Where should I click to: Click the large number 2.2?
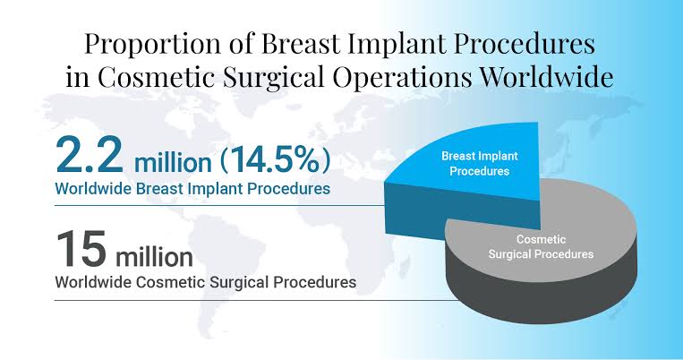90,156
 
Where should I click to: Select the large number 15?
81,248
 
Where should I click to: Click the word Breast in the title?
301,43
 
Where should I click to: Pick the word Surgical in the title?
273,78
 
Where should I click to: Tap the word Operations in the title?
402,79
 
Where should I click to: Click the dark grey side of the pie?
540,301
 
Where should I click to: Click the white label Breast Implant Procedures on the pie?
480,164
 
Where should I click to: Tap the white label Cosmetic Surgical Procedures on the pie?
541,246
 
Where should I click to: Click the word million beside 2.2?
173,163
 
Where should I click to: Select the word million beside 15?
154,256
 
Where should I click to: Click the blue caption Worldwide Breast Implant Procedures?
192,189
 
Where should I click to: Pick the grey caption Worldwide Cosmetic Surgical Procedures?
206,282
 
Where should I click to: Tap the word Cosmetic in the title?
156,77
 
